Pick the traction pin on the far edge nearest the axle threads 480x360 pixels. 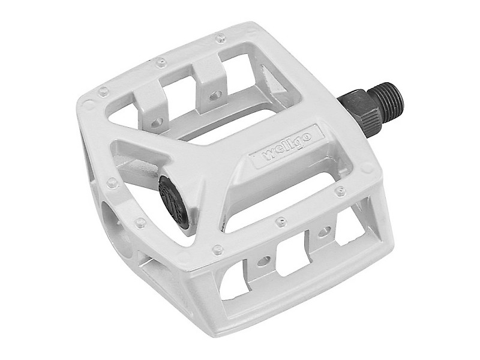coord(220,38)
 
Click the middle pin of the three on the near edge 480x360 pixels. coord(280,221)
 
